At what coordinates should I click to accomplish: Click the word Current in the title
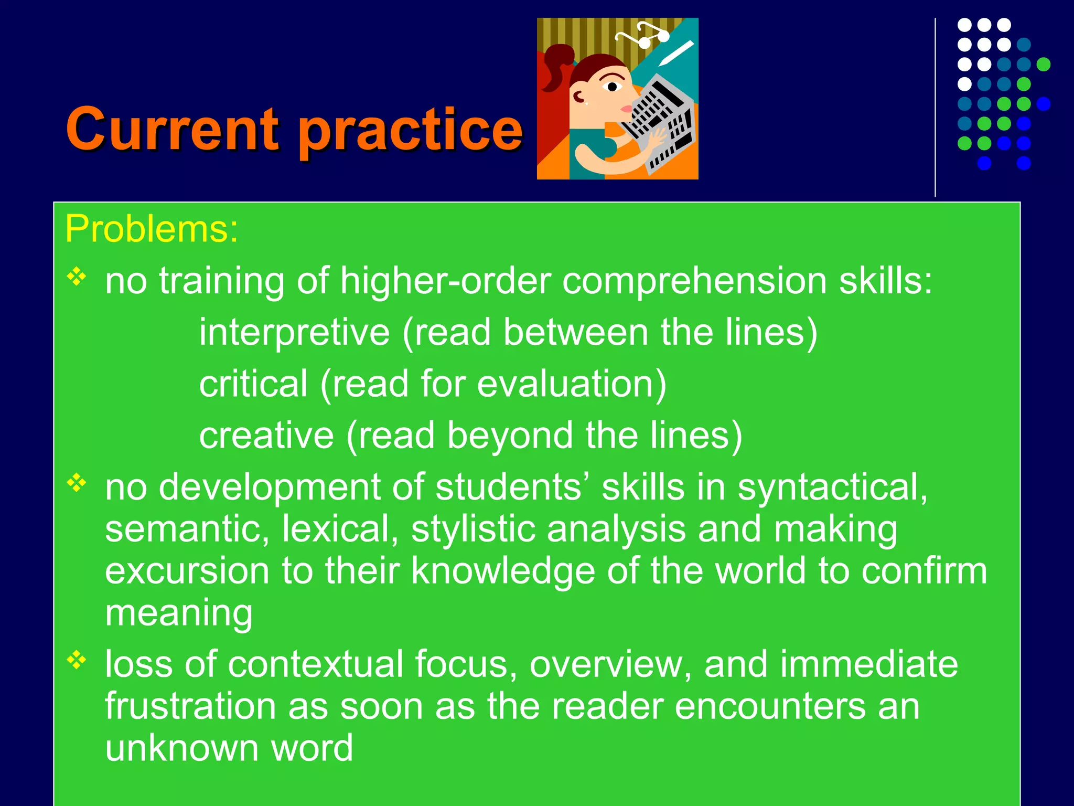point(173,129)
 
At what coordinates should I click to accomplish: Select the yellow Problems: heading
point(152,229)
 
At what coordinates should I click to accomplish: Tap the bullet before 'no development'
point(77,483)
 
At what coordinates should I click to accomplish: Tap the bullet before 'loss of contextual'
point(77,660)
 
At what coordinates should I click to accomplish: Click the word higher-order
point(445,281)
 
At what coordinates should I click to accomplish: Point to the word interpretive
point(294,333)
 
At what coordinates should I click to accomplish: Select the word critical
point(253,384)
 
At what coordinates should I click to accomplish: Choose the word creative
point(266,436)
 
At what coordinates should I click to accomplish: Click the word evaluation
point(567,384)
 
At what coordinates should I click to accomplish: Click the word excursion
point(187,570)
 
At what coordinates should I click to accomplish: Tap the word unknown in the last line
point(181,748)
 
